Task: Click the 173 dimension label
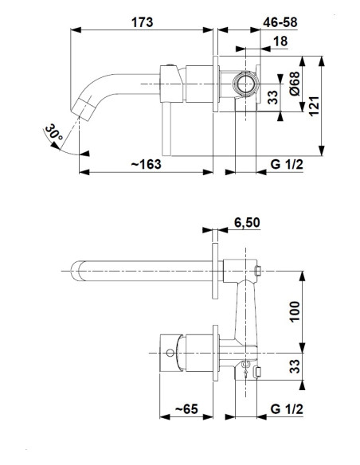tap(143, 22)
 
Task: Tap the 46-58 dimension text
tap(280, 22)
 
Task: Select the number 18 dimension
tap(280, 41)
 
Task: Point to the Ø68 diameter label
tap(295, 84)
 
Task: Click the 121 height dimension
tap(314, 106)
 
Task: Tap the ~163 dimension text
tap(147, 164)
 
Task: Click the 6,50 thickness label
tap(247, 222)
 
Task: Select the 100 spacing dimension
tap(295, 311)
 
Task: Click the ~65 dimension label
tap(186, 409)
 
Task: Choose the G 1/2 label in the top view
tap(287, 164)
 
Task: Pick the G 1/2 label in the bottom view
tap(287, 409)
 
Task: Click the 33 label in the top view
tap(273, 97)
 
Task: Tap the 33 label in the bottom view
tap(295, 366)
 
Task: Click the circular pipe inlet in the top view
tap(245, 84)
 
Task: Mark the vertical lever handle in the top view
tap(166, 129)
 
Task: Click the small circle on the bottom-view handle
tap(170, 353)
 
